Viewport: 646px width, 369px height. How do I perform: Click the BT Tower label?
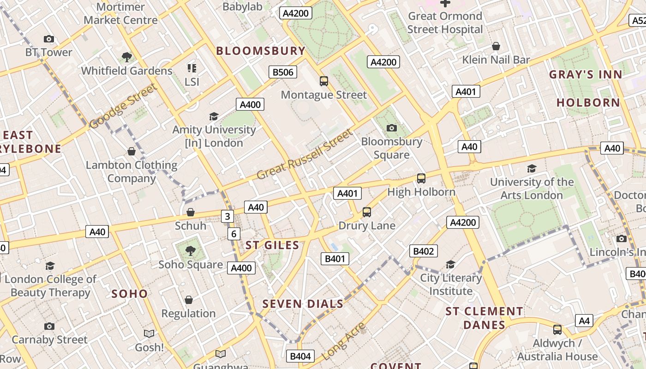[48, 52]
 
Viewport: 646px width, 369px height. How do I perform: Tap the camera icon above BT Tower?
[48, 39]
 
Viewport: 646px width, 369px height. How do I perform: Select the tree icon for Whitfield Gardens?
[127, 57]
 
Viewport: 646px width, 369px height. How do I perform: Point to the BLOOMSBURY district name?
[261, 51]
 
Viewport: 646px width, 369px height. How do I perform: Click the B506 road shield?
[283, 72]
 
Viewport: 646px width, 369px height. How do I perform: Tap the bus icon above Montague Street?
[324, 81]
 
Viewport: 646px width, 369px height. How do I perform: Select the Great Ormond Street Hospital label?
[445, 23]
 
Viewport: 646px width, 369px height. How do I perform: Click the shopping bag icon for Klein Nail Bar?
[496, 46]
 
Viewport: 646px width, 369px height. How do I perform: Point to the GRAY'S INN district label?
[586, 74]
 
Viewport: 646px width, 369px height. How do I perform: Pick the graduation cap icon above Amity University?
[214, 116]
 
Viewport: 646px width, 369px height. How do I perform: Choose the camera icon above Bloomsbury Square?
[392, 128]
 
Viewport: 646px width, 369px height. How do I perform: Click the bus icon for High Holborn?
[421, 178]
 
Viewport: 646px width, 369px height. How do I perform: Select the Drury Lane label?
[367, 226]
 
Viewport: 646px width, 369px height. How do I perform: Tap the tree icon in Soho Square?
[190, 251]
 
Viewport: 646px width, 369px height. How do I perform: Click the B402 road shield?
[423, 251]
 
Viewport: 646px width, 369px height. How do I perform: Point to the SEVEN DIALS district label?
[303, 304]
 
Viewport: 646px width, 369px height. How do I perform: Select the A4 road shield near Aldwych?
[584, 321]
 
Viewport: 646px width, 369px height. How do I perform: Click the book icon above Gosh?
[149, 333]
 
